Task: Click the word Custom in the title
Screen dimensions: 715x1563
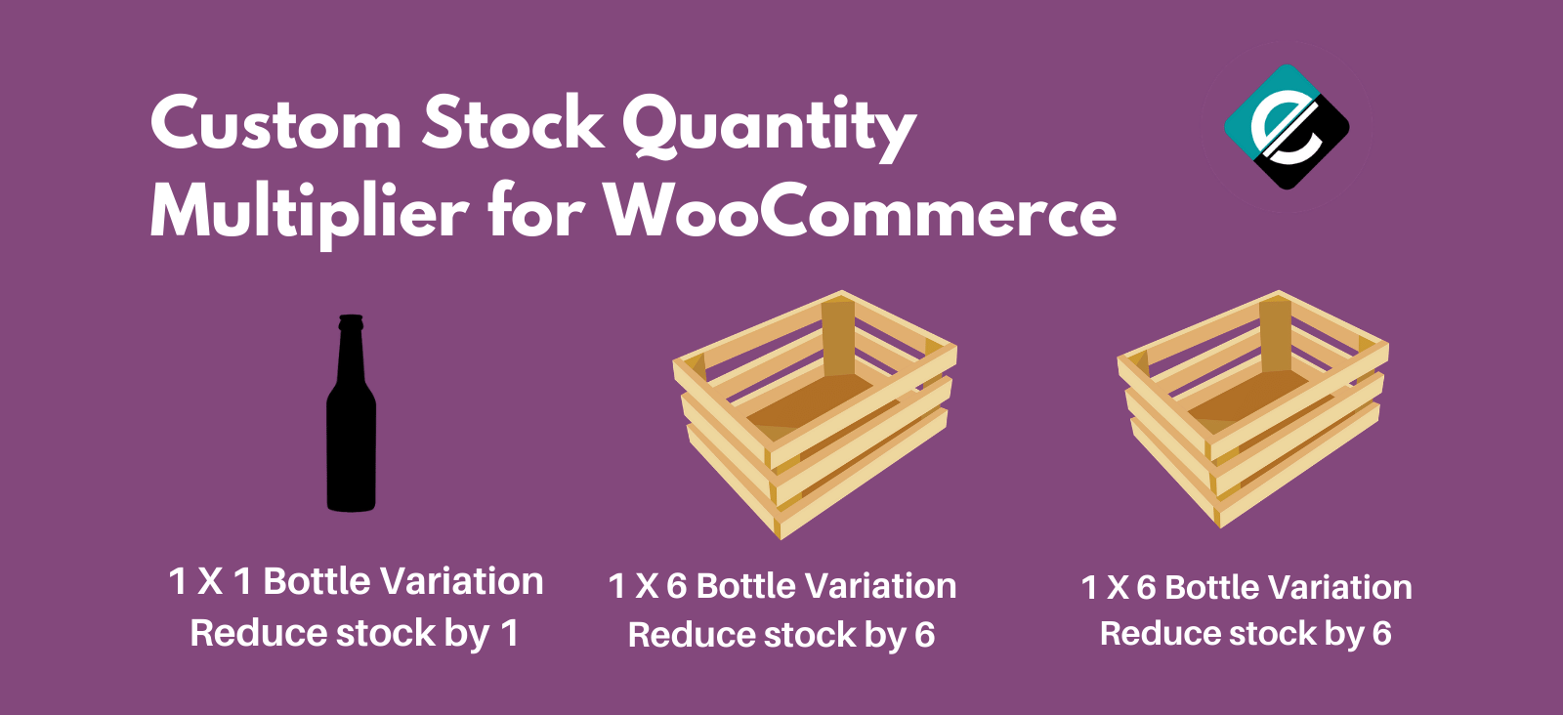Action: point(275,125)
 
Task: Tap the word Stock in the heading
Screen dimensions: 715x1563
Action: point(514,125)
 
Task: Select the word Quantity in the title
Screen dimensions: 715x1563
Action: point(769,127)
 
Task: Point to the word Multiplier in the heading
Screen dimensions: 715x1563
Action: point(309,211)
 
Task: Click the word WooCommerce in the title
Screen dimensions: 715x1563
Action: point(860,211)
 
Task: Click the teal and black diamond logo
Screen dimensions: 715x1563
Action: point(1287,127)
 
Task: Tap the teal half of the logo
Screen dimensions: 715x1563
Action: point(1260,107)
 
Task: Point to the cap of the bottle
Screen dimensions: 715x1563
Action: point(351,320)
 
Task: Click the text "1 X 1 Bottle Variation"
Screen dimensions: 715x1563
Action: point(356,581)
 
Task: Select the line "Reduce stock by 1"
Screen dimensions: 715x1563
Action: point(354,633)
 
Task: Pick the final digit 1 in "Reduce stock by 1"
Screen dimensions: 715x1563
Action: point(509,633)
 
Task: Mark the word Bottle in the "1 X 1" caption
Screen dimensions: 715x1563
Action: point(327,581)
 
